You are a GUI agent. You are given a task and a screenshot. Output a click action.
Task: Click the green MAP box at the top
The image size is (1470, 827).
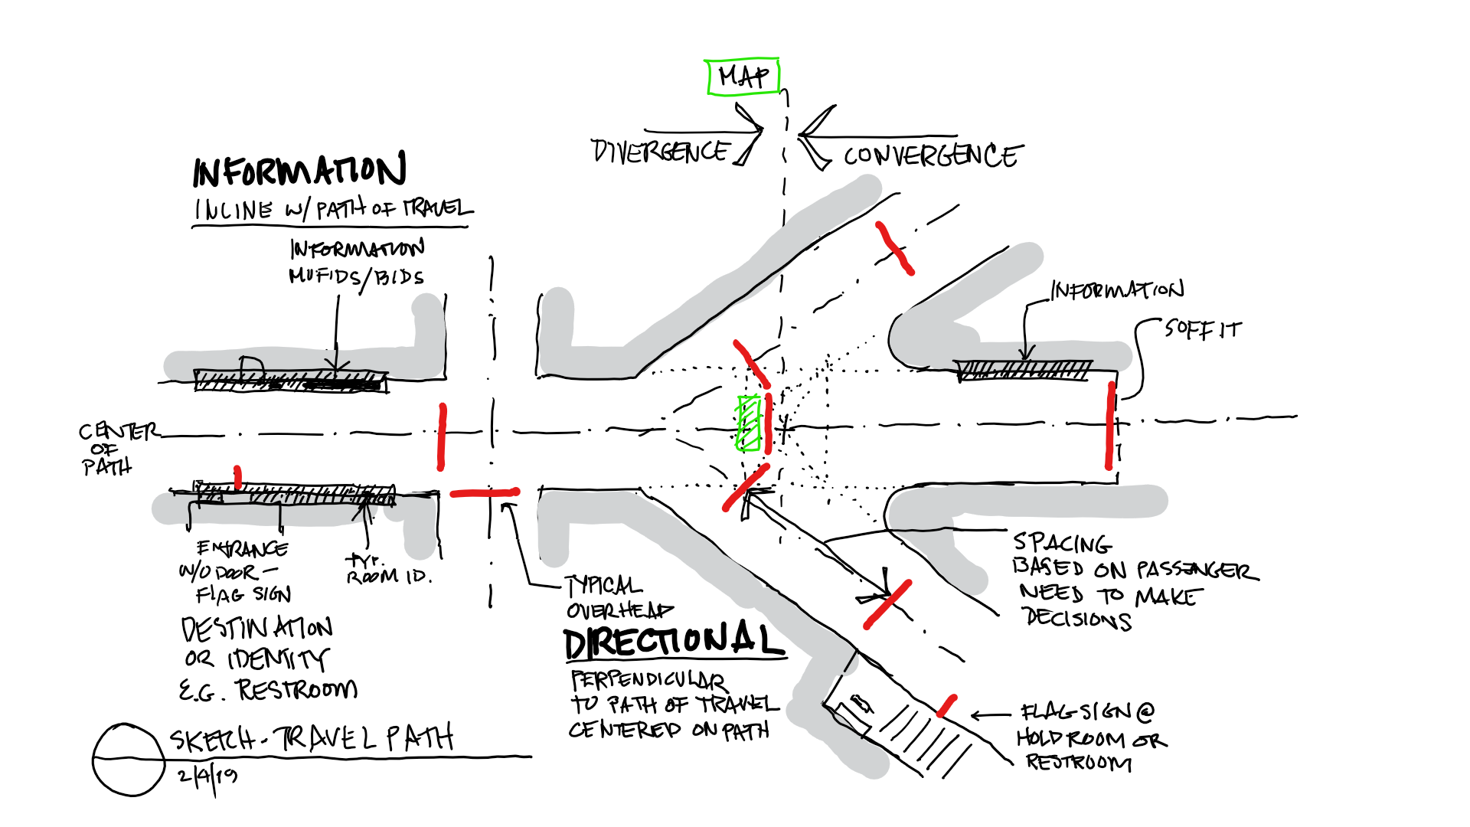(x=742, y=77)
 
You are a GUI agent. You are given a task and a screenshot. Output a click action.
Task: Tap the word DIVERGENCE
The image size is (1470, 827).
(x=660, y=151)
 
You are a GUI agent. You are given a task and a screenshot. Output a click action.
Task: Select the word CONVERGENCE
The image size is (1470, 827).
(x=932, y=156)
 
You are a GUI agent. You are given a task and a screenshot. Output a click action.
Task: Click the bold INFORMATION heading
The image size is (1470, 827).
(x=299, y=170)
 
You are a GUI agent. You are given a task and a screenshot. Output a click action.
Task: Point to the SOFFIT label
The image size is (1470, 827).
(x=1203, y=329)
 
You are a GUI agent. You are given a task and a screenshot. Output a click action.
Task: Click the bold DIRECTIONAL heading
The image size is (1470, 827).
(x=674, y=642)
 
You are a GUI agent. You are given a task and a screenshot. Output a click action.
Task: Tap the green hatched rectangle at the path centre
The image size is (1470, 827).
(x=748, y=423)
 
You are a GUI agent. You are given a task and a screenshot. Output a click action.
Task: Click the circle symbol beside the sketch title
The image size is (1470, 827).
(x=129, y=759)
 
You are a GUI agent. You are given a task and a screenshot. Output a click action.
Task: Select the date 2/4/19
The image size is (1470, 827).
(x=207, y=776)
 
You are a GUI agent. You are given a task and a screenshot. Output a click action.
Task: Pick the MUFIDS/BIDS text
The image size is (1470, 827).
(x=356, y=276)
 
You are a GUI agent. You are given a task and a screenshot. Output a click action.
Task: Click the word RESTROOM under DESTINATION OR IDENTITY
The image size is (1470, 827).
(x=297, y=689)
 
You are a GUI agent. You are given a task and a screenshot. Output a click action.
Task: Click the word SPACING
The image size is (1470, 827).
(x=1062, y=544)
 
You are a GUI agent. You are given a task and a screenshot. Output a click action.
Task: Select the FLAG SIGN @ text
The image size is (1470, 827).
(x=1087, y=712)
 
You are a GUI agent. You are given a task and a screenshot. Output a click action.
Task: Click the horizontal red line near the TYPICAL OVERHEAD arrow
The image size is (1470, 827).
(x=485, y=493)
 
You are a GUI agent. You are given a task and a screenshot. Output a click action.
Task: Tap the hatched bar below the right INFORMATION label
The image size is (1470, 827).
(x=1024, y=371)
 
